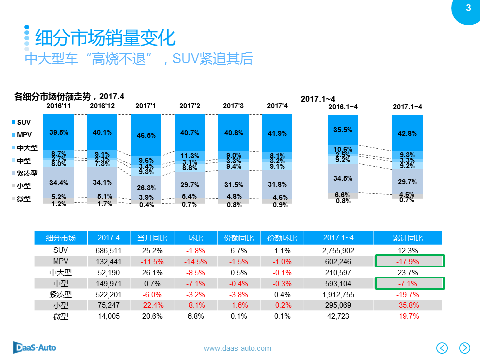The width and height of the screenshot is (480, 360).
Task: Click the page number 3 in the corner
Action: (x=468, y=8)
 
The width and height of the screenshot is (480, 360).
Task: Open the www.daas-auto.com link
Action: (x=237, y=348)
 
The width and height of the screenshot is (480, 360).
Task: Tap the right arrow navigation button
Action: (x=465, y=347)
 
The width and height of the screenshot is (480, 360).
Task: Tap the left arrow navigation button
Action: (x=442, y=347)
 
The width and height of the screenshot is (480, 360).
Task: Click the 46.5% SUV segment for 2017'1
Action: (x=146, y=135)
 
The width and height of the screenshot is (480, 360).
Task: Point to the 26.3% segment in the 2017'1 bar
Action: (x=146, y=188)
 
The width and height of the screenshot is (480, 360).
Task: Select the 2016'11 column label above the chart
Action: (x=59, y=106)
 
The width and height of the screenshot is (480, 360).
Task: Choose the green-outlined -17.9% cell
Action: (x=409, y=261)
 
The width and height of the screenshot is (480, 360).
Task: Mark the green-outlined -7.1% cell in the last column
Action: (x=409, y=283)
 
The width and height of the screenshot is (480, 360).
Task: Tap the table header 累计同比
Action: (x=409, y=238)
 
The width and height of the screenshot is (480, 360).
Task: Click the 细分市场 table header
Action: (x=61, y=238)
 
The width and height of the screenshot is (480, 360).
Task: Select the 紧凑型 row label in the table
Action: (x=61, y=294)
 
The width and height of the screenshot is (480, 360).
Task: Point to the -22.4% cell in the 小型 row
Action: (x=152, y=305)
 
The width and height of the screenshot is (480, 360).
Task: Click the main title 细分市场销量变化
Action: (x=105, y=38)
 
